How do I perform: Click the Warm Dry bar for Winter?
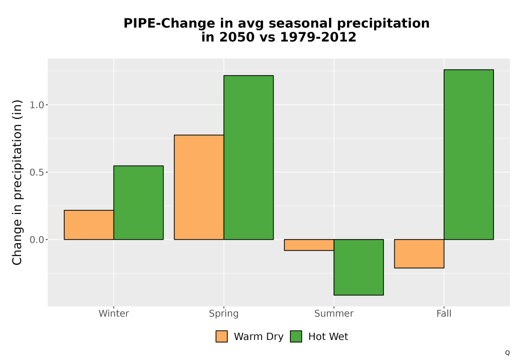coord(89,225)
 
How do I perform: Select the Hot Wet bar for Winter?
coord(138,203)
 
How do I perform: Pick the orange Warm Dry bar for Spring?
coord(199,187)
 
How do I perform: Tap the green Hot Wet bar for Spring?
coord(248,157)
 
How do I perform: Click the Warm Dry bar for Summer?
coord(309,245)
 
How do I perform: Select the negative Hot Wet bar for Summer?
coord(359,267)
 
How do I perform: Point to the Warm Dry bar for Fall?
coord(419,254)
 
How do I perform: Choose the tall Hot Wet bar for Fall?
coord(469,154)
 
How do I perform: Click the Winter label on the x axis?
coord(114,313)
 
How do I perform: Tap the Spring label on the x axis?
coord(224,314)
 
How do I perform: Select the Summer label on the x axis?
coord(334,313)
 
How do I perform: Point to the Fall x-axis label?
coord(444,313)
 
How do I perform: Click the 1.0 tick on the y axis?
coord(36,105)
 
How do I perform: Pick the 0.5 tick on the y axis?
coord(36,172)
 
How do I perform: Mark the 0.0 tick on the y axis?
coord(36,240)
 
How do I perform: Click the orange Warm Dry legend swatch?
coord(222,336)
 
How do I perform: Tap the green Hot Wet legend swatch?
coord(296,336)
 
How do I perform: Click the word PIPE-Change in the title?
coord(169,24)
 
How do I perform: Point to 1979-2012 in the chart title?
coord(318,37)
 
